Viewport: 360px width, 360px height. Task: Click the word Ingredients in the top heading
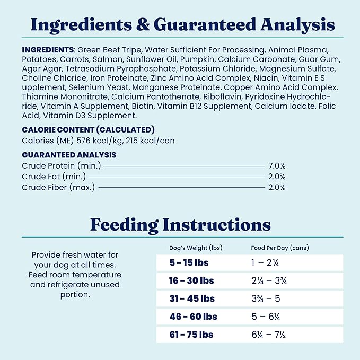(x=74, y=24)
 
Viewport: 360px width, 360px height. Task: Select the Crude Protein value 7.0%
(x=277, y=166)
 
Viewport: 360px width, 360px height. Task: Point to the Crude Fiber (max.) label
(x=58, y=187)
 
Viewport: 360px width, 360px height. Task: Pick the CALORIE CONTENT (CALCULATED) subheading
(x=88, y=130)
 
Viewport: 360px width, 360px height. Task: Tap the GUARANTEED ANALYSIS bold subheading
(x=69, y=155)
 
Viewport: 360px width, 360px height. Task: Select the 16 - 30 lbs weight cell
(x=189, y=280)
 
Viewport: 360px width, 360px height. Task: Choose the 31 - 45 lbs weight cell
(x=189, y=298)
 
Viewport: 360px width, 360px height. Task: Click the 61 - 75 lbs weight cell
(x=189, y=335)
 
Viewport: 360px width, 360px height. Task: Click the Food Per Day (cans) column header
(x=279, y=248)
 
